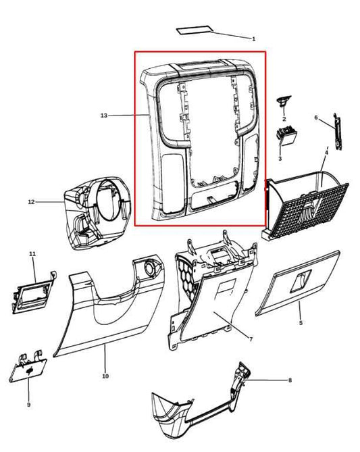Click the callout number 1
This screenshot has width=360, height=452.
[254, 39]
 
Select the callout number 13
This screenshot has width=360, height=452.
[104, 116]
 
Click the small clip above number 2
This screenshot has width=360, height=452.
[284, 101]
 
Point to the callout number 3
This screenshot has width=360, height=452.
[280, 158]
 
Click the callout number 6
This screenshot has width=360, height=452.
[316, 118]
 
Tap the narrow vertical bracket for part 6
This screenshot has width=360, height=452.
[337, 132]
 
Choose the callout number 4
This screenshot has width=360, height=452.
[326, 152]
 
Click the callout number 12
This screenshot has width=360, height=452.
[32, 202]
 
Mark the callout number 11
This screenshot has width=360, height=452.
[32, 253]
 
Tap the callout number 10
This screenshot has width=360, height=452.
[105, 376]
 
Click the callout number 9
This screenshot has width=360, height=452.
[28, 405]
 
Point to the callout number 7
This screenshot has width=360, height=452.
[251, 339]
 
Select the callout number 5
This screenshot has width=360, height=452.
[301, 322]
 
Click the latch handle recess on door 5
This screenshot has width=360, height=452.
[301, 280]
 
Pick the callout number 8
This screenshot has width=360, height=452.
[290, 380]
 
